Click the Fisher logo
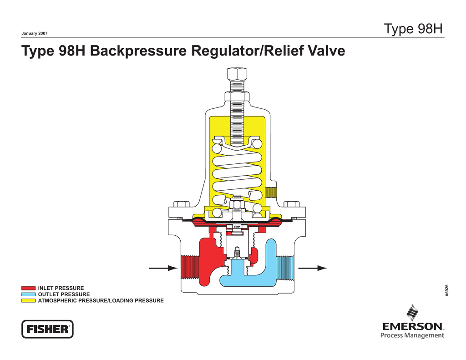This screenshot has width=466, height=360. (x=47, y=329)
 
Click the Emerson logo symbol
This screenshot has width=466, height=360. (x=413, y=313)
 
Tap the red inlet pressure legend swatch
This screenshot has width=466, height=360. (x=28, y=288)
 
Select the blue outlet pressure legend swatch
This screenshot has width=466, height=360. (x=28, y=294)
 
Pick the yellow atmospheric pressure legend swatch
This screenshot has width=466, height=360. (x=28, y=301)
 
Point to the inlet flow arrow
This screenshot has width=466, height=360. (x=163, y=268)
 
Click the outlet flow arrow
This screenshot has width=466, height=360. (x=314, y=268)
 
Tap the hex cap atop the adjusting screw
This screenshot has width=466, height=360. (x=237, y=74)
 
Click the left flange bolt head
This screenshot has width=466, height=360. (x=182, y=203)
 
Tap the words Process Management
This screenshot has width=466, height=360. (x=412, y=336)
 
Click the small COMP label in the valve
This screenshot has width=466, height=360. (x=237, y=227)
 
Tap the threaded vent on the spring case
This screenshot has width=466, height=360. (x=272, y=192)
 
